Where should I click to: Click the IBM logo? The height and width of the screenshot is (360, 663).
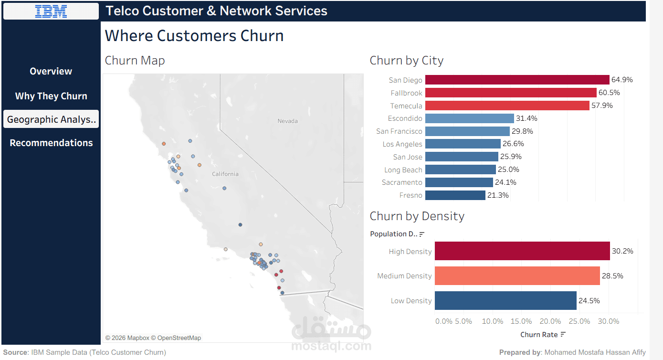[51, 11]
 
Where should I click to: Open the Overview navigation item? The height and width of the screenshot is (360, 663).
[51, 71]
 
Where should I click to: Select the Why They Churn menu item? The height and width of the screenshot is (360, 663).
[51, 96]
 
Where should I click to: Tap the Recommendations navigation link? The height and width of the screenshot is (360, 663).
[51, 143]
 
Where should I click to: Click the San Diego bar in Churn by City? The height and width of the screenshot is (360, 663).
[517, 80]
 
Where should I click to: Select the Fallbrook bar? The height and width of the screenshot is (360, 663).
[511, 93]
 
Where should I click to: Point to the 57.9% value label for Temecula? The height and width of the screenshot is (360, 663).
[602, 106]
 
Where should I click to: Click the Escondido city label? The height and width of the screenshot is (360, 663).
[405, 118]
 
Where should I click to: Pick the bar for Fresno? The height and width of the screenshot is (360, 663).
[455, 195]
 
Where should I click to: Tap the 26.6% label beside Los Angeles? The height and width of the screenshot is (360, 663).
[513, 144]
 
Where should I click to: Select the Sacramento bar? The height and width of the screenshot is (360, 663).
[459, 182]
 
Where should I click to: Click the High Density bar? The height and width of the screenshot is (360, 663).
[522, 251]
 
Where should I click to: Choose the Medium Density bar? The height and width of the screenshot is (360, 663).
[517, 275]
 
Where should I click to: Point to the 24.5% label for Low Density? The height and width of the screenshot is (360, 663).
[589, 300]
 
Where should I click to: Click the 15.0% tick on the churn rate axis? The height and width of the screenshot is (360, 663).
[521, 321]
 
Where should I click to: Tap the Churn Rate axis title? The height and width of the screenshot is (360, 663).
[539, 335]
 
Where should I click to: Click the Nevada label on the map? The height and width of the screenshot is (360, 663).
[287, 121]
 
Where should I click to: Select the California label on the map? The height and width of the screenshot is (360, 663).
[225, 174]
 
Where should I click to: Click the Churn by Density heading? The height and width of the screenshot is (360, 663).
[417, 216]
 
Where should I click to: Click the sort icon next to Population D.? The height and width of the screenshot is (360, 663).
[422, 234]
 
